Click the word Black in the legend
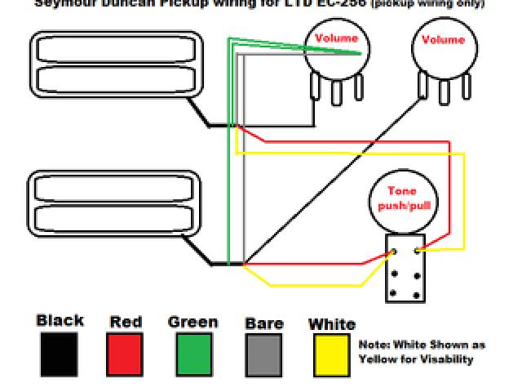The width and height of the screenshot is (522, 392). tap(60, 320)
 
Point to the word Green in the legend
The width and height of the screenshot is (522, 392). tap(192, 322)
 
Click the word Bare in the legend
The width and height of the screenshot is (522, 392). tap(263, 323)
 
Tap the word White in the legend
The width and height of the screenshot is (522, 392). tap(331, 324)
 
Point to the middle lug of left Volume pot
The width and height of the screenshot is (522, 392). tap(336, 92)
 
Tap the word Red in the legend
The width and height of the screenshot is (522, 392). tap(126, 322)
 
